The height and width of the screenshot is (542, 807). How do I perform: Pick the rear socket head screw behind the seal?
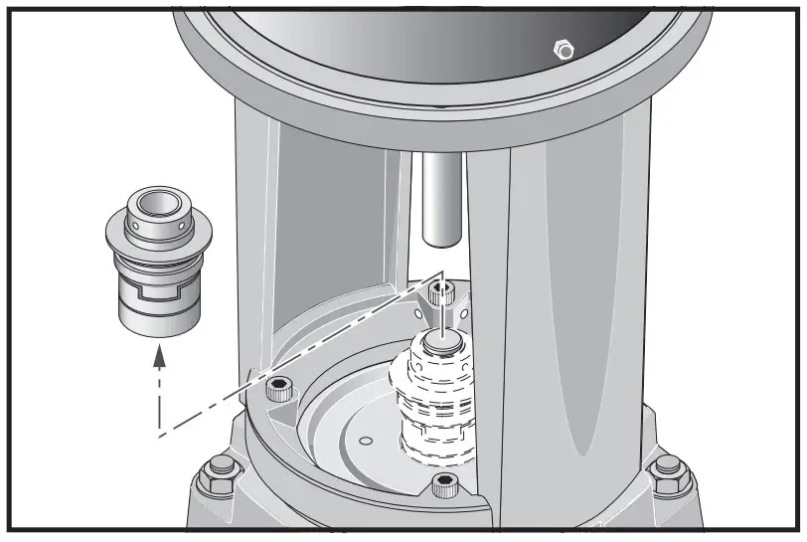444,292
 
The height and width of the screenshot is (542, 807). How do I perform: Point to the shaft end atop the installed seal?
441,341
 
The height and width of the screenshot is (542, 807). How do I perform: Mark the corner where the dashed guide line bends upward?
158,435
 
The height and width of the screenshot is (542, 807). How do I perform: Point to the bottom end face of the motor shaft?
438,240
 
